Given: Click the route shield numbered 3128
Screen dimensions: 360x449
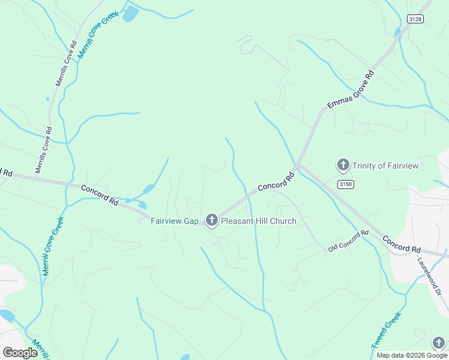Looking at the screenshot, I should (x=415, y=19).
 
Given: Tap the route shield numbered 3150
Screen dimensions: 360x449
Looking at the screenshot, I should (x=344, y=184).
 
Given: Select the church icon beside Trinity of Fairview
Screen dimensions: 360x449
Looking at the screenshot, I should (x=343, y=165).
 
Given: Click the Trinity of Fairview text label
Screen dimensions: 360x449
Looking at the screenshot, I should (x=385, y=166).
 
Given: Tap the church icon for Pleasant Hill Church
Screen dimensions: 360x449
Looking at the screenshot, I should (x=211, y=221).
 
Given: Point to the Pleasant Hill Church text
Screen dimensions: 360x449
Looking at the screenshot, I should (x=258, y=221).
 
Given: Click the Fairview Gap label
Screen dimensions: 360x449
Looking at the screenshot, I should (x=174, y=221).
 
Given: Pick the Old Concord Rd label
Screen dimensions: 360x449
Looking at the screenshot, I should (x=348, y=241).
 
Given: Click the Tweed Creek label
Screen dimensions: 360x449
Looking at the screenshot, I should (x=385, y=329).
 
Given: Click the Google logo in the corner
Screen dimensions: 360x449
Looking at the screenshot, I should (x=20, y=353).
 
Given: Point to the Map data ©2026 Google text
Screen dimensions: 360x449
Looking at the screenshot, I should (x=411, y=355).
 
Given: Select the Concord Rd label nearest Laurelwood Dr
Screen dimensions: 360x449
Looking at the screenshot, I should (x=402, y=245).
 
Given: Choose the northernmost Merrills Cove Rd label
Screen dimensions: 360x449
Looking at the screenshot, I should (x=65, y=64).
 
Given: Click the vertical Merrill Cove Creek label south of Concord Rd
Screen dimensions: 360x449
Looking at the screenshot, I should (x=53, y=246).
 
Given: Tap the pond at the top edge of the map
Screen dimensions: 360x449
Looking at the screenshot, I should (x=130, y=14).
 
